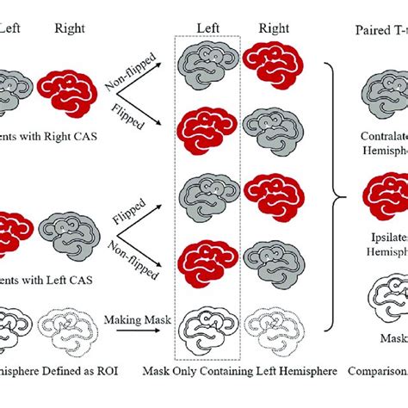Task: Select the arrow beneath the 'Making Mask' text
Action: coord(137,332)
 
